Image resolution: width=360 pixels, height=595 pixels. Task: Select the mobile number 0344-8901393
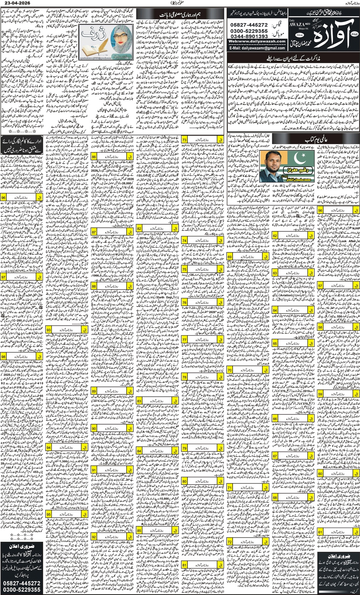tap(249, 36)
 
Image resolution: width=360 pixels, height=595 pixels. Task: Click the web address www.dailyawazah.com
tap(256, 42)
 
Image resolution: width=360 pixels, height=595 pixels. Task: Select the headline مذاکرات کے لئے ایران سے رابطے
tap(293, 59)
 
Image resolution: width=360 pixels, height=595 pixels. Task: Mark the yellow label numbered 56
tap(320, 211)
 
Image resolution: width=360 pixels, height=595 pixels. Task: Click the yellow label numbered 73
tap(184, 139)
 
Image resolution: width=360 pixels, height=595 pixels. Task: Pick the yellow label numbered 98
tap(3, 356)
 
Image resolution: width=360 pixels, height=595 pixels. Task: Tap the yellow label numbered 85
tap(139, 531)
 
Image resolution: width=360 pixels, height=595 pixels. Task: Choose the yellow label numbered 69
tap(230, 257)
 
